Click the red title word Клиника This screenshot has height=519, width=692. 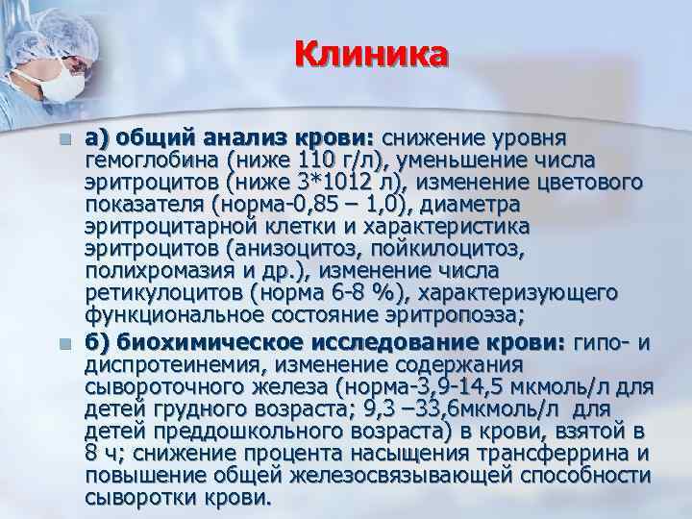pos(371,55)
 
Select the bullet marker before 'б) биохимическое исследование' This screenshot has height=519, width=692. pos(64,345)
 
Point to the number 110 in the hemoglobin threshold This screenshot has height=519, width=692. pos(307,159)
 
